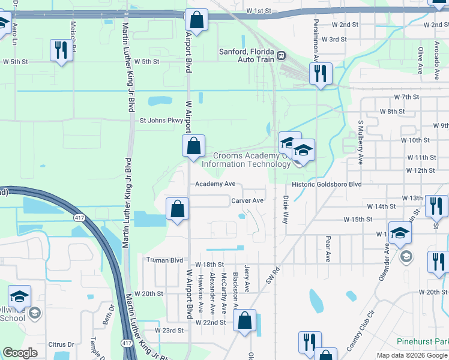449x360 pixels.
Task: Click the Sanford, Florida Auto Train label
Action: pyautogui.click(x=246, y=56)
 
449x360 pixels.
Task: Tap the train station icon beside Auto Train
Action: pyautogui.click(x=281, y=56)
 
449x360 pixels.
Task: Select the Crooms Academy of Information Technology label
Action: pyautogui.click(x=246, y=160)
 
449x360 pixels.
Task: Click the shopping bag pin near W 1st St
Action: pyautogui.click(x=196, y=20)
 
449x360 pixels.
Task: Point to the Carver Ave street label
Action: pyautogui.click(x=247, y=200)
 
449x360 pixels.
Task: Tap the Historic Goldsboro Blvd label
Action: pyautogui.click(x=327, y=185)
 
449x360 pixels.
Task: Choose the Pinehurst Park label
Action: pyautogui.click(x=422, y=341)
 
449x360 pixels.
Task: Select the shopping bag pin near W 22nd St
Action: pyautogui.click(x=244, y=322)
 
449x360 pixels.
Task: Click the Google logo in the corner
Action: pyautogui.click(x=20, y=353)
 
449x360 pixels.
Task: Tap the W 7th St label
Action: pyautogui.click(x=406, y=97)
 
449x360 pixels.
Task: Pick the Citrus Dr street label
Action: pyautogui.click(x=61, y=345)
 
